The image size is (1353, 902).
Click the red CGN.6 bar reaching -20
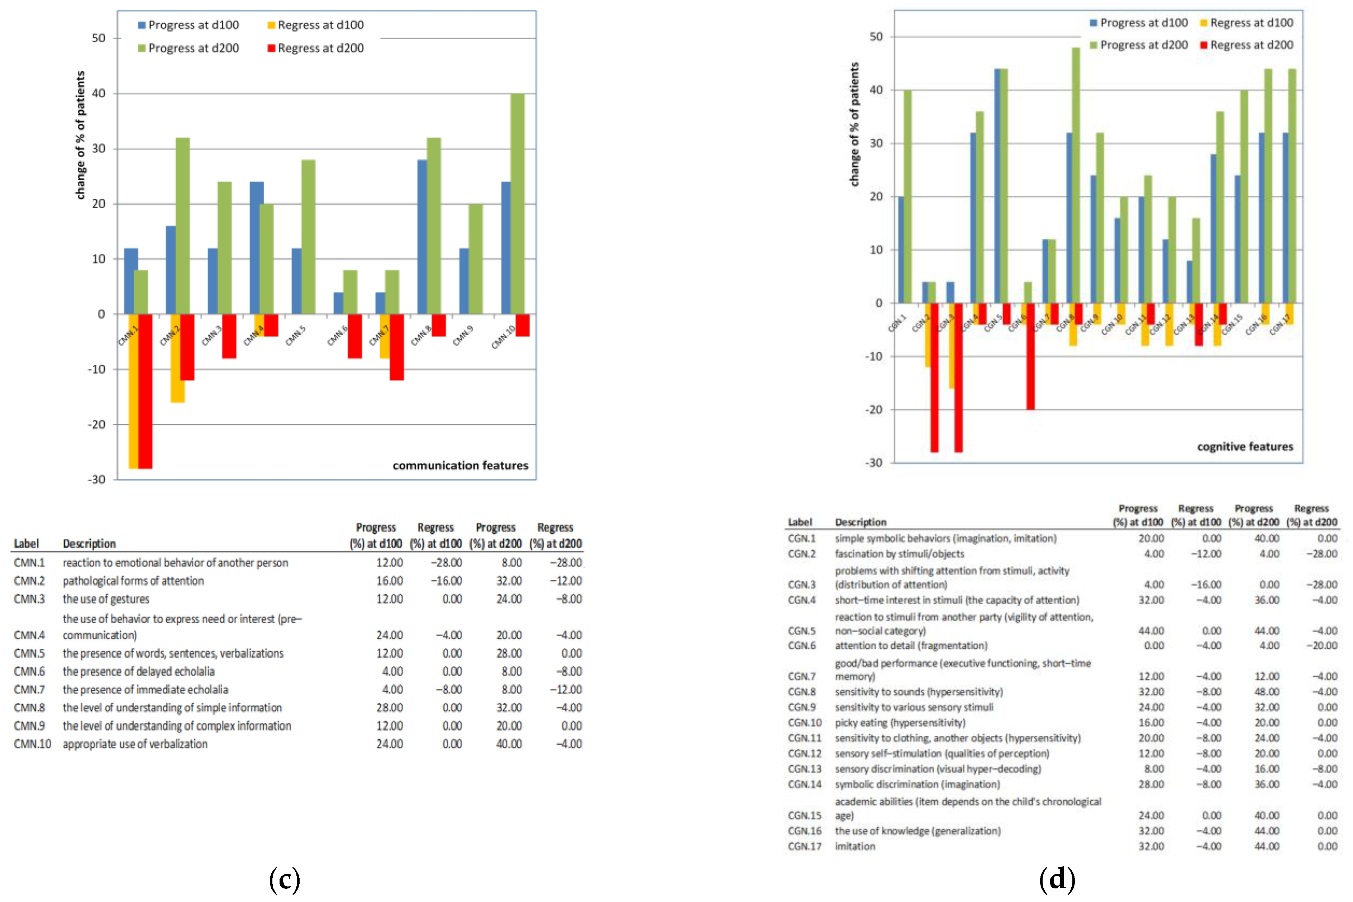1030,356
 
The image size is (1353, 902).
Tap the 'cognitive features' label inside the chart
1245,447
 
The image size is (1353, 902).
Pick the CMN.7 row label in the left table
29,689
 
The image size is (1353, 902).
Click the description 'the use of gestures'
106,599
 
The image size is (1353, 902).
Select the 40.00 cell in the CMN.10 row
509,744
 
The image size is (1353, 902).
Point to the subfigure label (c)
284,879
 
